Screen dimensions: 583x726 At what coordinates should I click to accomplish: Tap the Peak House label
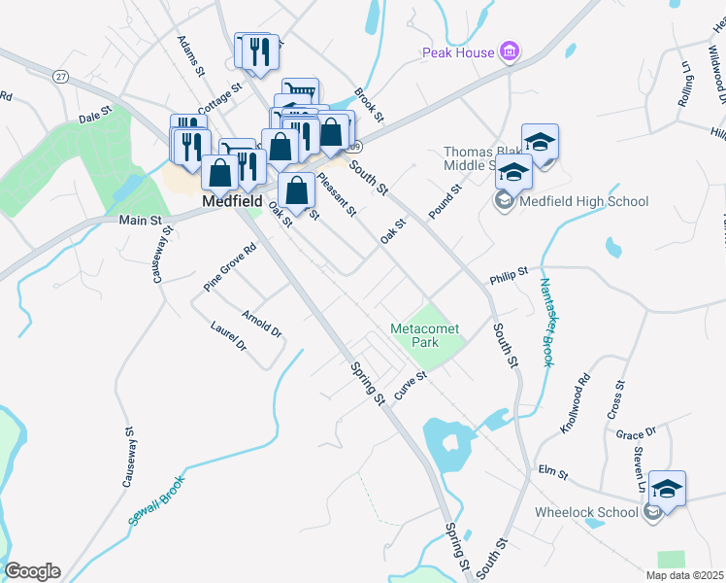[457, 52]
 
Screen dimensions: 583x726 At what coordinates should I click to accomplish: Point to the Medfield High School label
[584, 202]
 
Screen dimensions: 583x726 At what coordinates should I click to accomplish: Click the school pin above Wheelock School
[667, 488]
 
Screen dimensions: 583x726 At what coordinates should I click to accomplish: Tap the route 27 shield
[61, 76]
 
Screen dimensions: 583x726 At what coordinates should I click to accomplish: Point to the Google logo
[32, 571]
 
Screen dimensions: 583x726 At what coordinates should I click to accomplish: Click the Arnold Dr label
[262, 324]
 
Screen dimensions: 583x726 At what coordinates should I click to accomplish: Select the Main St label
[140, 221]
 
